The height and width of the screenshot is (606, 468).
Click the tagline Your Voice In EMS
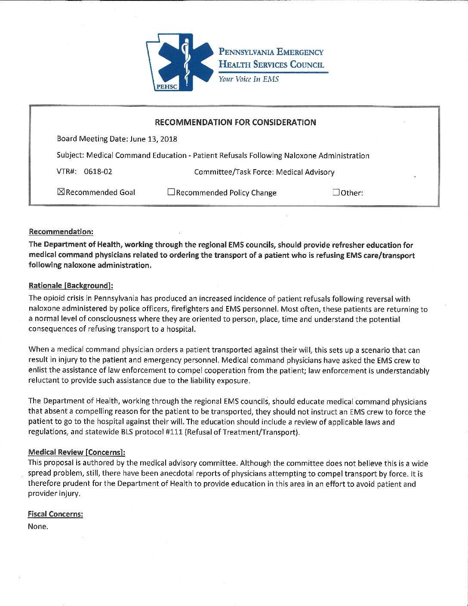click(249, 79)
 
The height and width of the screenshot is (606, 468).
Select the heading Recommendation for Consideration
click(235, 122)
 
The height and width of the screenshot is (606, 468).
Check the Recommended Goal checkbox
click(61, 192)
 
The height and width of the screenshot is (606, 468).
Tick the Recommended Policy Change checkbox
click(171, 192)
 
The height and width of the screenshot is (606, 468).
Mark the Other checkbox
click(336, 192)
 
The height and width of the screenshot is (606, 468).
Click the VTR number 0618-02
click(98, 171)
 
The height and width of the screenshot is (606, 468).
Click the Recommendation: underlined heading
click(61, 232)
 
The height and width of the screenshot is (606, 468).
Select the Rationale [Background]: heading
click(71, 285)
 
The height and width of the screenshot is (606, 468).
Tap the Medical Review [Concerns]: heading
click(77, 452)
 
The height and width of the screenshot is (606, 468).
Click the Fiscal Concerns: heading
click(55, 514)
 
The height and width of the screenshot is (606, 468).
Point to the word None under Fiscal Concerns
click(38, 526)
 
